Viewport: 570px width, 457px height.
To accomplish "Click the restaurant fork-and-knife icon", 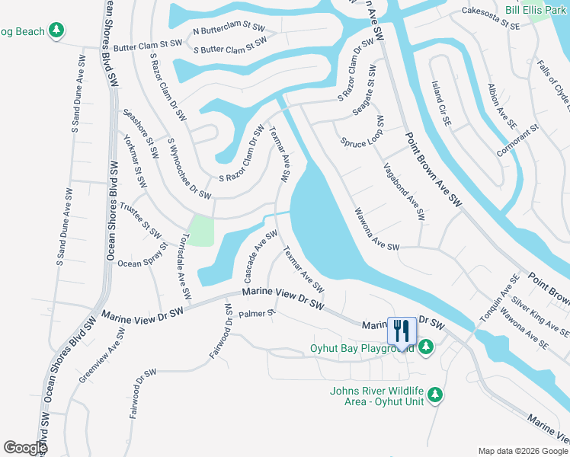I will (402, 330).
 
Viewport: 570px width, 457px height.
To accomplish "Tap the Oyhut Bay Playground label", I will (361, 348).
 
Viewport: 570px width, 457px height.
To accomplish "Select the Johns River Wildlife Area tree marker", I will (435, 395).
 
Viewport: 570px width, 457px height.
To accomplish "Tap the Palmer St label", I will (255, 313).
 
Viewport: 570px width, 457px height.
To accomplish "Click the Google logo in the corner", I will (25, 448).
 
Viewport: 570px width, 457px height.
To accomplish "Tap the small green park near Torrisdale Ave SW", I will (201, 230).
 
